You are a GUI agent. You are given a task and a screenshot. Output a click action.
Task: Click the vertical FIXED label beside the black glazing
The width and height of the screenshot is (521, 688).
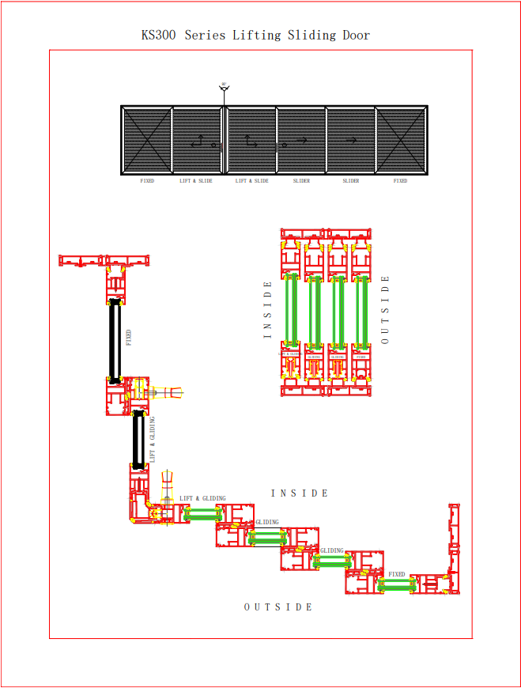point(129,338)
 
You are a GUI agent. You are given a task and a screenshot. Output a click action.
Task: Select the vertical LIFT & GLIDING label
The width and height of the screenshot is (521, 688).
point(153,439)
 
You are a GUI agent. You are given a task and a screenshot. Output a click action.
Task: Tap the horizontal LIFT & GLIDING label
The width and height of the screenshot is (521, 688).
point(202,499)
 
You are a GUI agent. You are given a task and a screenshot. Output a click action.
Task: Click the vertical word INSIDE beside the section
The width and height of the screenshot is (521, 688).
point(267,310)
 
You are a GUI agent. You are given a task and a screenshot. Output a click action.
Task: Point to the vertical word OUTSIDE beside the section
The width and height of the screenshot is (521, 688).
point(385,310)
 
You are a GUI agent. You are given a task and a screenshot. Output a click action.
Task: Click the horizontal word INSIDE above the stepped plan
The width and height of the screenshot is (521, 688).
point(300,493)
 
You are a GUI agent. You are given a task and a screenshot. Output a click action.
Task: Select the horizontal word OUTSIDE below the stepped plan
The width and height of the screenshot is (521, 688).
point(278,607)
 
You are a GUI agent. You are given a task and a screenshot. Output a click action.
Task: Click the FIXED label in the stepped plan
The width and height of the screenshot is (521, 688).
point(396,575)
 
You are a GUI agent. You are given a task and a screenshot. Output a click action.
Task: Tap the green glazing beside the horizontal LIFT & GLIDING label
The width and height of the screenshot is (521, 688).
point(202,513)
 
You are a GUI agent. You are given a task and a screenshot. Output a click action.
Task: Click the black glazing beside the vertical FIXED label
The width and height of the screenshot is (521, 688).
point(115,341)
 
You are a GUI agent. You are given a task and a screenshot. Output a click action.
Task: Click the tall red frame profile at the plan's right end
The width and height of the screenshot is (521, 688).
point(454,546)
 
